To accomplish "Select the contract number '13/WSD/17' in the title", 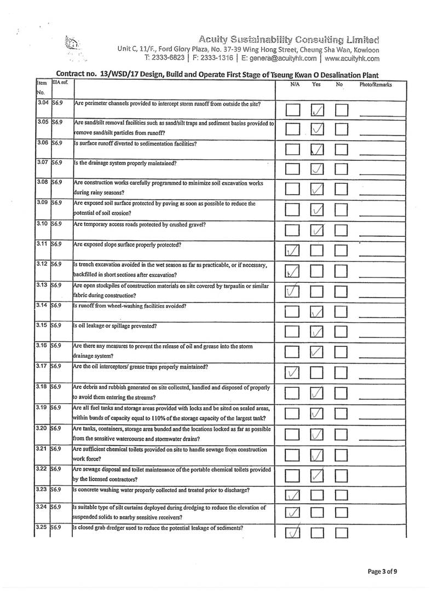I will pyautogui.click(x=118, y=74).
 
